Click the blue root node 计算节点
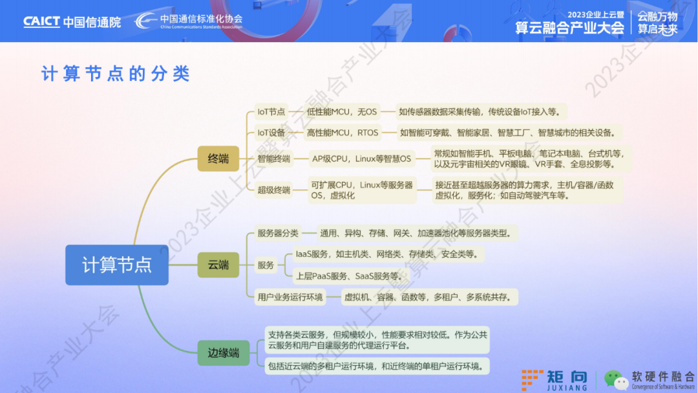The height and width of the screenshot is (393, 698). coord(116,265)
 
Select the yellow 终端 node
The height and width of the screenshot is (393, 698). coord(218,159)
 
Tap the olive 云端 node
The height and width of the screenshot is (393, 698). coord(218,265)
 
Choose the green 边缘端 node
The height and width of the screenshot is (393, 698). coord(224,353)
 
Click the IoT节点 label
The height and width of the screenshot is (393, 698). coord(271,112)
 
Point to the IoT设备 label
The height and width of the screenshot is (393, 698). coord(271,133)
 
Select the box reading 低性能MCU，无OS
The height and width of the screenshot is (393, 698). coord(342,112)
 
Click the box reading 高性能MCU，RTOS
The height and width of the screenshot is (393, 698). coord(343,133)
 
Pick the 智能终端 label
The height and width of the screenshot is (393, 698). coord(274,159)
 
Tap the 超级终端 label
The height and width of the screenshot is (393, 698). coord(274,190)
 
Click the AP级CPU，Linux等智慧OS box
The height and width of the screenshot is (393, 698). coord(361,159)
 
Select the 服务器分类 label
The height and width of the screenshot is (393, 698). coord(278,233)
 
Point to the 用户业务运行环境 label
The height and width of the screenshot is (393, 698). coord(290,297)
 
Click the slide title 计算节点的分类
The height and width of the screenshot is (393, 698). coord(116,74)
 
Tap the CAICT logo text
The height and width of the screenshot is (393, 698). coord(41,21)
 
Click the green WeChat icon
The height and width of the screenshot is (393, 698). coord(616,380)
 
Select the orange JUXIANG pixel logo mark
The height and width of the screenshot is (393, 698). coord(532,380)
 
